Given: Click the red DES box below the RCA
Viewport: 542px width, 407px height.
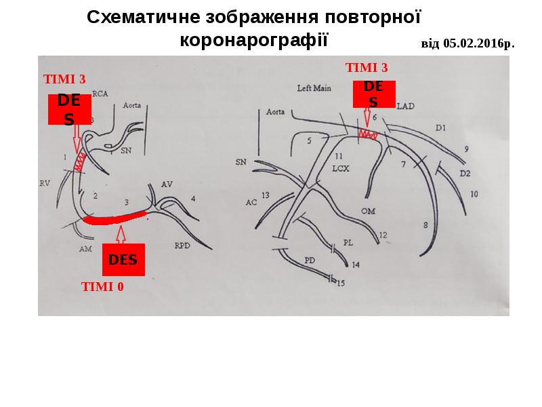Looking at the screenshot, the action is [123, 260].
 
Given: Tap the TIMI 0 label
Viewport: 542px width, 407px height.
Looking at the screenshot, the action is [102, 286].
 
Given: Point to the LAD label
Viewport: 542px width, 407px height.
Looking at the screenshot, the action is [405, 106].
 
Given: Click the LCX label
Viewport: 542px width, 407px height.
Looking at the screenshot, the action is [340, 169].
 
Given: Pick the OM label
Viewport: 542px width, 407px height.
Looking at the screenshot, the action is [368, 211].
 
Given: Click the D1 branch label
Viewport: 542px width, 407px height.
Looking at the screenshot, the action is [441, 127].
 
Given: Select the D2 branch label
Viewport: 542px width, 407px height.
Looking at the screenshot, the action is [465, 173].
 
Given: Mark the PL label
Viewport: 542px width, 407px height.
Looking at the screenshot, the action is [348, 241].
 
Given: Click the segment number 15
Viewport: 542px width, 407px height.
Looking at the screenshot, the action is [341, 283].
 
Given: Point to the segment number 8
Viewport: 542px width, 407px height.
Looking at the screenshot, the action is [425, 225].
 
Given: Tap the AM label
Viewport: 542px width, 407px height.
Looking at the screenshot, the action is [85, 249].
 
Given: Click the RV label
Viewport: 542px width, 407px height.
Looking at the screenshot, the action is [45, 182].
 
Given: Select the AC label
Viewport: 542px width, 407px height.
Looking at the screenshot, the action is [251, 202].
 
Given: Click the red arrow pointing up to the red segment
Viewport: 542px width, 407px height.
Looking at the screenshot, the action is [122, 235].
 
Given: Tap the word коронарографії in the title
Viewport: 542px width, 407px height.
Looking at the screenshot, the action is [253, 39].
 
